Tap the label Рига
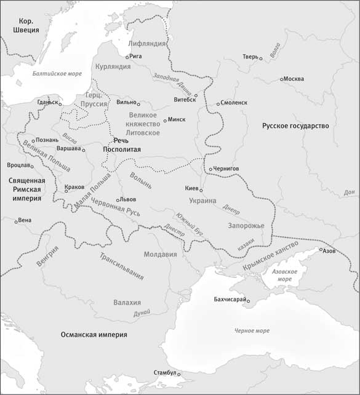coord(136,57)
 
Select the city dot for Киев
coord(201,190)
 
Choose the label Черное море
coord(251,331)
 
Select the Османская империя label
coord(94,335)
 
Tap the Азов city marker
coord(320,250)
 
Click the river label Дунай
coord(141,313)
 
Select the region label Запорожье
coord(246,226)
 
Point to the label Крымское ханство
coord(271,253)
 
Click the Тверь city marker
coord(261,58)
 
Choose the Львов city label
coord(127,200)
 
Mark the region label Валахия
coord(127,303)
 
